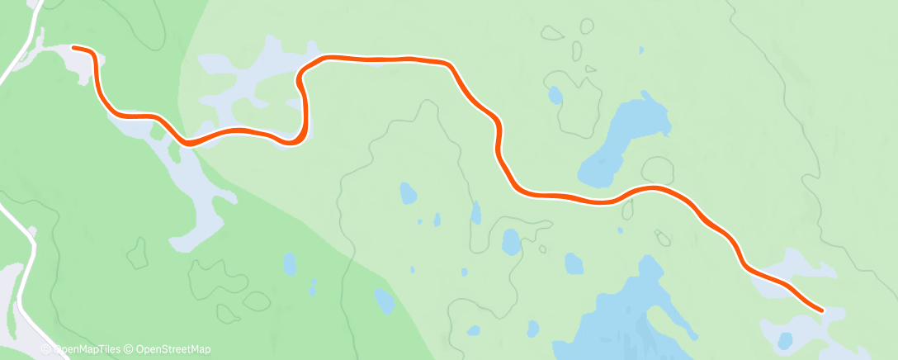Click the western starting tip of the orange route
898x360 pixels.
(x=75, y=48)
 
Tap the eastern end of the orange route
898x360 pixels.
(x=821, y=310)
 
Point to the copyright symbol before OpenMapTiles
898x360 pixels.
(x=46, y=350)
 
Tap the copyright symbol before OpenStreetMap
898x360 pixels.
(x=129, y=350)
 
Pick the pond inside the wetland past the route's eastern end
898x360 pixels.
(x=785, y=339)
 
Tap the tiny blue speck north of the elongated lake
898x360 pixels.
(x=640, y=50)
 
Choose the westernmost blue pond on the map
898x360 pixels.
(x=290, y=263)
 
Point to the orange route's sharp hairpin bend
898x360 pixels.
(x=300, y=78)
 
